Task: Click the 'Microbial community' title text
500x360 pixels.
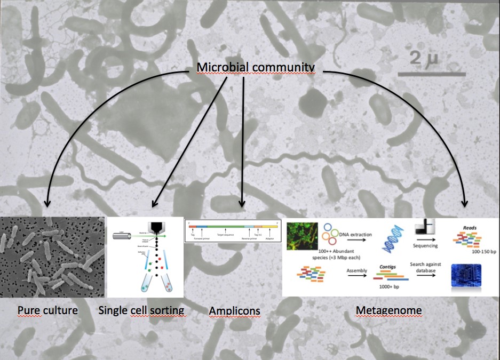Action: (x=256, y=67)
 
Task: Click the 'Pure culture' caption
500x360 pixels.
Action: (x=47, y=310)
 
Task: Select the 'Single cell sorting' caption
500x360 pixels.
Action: (x=141, y=310)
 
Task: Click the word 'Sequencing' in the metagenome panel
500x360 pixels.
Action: (x=426, y=246)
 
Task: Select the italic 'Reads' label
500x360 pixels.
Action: (x=470, y=227)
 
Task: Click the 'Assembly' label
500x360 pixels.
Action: (x=356, y=271)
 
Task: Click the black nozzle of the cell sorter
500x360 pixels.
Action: (x=155, y=227)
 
